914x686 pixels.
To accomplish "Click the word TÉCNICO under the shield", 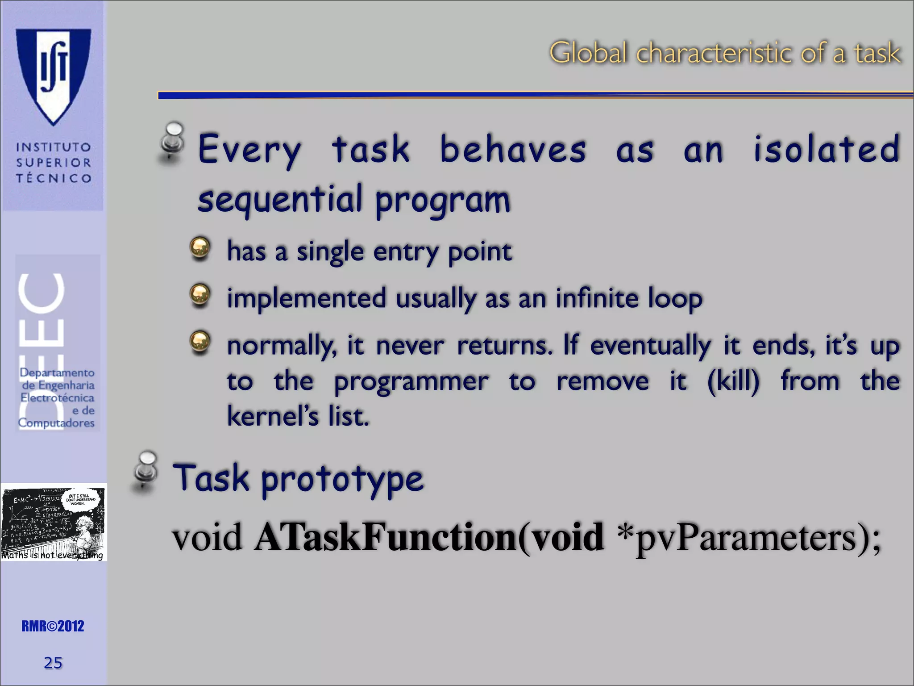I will click(54, 178).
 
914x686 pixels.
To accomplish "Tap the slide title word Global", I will click(588, 53).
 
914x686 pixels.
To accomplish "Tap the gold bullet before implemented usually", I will click(200, 294).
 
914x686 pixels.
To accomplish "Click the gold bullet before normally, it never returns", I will click(200, 342).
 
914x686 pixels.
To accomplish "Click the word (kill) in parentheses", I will click(733, 381).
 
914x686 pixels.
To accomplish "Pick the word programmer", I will click(411, 382).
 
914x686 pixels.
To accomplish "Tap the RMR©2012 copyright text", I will click(53, 626).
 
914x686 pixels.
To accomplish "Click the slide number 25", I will click(53, 663).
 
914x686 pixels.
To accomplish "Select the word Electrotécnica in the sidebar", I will click(57, 397).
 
